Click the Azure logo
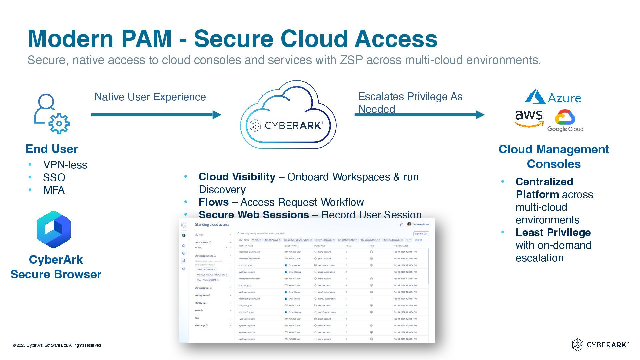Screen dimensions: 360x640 coord(553,97)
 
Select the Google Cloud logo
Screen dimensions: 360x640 coord(565,121)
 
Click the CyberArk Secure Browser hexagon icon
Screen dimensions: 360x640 coord(54,229)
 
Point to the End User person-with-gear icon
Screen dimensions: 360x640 coord(52,114)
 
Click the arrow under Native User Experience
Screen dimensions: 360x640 coord(156,115)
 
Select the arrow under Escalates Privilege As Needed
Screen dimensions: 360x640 coord(419,115)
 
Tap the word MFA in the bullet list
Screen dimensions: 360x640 coord(54,190)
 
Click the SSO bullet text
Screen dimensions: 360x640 coord(54,178)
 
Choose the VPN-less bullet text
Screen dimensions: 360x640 coord(65,165)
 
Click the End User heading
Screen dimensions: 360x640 coord(52,149)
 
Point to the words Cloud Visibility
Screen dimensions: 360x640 coord(237,177)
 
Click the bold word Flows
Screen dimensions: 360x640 coord(214,202)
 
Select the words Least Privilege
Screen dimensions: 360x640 coord(553,232)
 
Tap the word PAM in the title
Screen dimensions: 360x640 coord(146,39)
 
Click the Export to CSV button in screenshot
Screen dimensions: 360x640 coord(421,234)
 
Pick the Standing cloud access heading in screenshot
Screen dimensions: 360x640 coord(212,225)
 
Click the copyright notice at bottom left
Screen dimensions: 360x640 coord(57,345)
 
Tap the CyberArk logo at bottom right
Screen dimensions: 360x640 coord(600,345)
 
